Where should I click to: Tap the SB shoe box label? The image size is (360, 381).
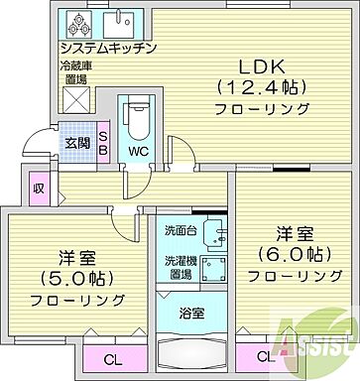[x=102, y=142]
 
